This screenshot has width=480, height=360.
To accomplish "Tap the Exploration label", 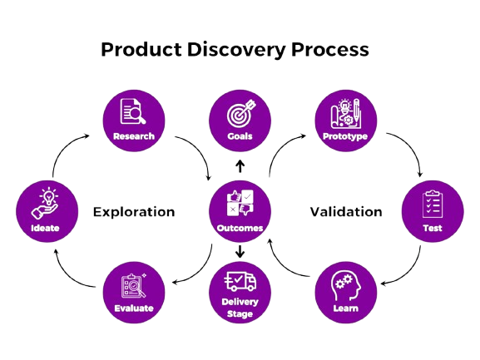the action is pyautogui.click(x=134, y=212).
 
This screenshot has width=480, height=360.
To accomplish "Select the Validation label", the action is pyautogui.click(x=346, y=212).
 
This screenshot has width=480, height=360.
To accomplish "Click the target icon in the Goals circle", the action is pyautogui.click(x=241, y=112).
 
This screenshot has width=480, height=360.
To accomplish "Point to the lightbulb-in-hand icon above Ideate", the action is pyautogui.click(x=45, y=204).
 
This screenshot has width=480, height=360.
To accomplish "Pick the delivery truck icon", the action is pyautogui.click(x=240, y=281).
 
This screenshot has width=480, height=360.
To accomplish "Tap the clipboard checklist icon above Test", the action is pyautogui.click(x=433, y=204).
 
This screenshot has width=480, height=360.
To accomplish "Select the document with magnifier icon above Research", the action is pyautogui.click(x=133, y=111).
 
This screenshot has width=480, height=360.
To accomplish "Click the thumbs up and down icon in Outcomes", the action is pyautogui.click(x=240, y=203).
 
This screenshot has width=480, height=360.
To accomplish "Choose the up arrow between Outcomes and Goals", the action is pyautogui.click(x=240, y=166).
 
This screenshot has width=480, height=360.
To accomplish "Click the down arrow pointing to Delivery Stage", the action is pyautogui.click(x=240, y=251).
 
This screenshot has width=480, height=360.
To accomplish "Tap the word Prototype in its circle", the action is pyautogui.click(x=345, y=136).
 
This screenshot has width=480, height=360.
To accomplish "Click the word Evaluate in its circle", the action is pyautogui.click(x=134, y=308).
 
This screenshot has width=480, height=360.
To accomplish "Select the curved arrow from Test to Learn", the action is pyautogui.click(x=410, y=273).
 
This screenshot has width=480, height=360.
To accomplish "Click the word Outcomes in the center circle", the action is pyautogui.click(x=240, y=228).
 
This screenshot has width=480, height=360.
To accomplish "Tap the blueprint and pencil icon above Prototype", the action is pyautogui.click(x=346, y=113).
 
